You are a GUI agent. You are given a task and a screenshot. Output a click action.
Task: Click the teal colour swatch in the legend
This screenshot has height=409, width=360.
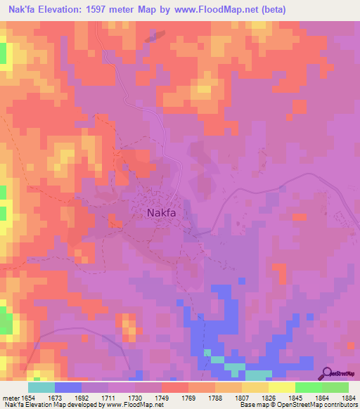pos(41,388)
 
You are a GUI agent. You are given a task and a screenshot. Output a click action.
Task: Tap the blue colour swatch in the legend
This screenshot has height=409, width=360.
pos(68,388)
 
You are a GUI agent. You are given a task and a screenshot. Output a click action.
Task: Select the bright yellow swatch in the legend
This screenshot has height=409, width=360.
pos(282,388)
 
